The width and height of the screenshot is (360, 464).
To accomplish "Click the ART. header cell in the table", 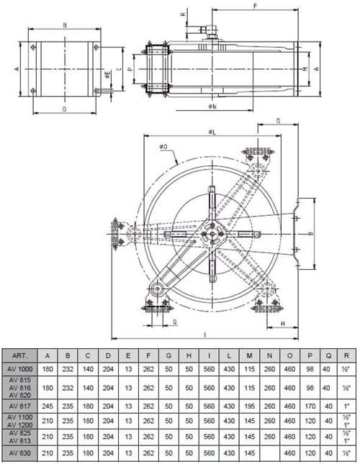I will click(x=22, y=355).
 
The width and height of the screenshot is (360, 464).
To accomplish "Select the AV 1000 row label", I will click(x=22, y=368).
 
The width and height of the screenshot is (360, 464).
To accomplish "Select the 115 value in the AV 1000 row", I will click(x=248, y=368).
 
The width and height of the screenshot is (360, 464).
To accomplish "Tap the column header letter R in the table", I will click(x=348, y=355).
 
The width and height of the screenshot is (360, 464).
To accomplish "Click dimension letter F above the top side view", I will click(x=256, y=5).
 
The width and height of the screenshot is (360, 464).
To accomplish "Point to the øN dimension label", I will click(x=212, y=107).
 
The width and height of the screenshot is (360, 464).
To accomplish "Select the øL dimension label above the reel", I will click(x=212, y=132).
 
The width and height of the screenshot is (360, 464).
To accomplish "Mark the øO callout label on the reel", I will click(x=165, y=147).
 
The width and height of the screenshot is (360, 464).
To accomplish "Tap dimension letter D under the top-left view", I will click(x=64, y=109).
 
